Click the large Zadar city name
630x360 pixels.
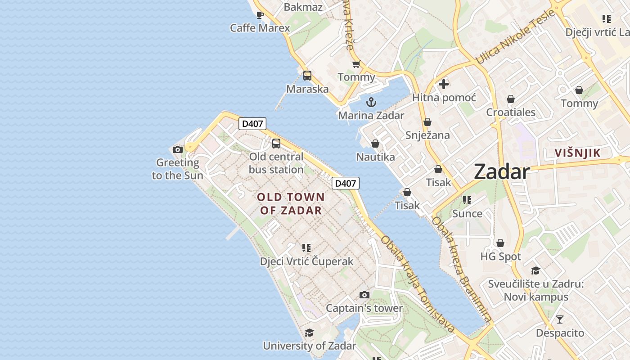click(x=502, y=172)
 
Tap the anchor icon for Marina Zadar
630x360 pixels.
click(x=371, y=102)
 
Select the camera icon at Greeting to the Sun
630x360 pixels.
click(x=178, y=149)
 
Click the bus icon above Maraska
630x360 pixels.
click(x=307, y=76)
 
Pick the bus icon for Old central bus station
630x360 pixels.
click(x=276, y=144)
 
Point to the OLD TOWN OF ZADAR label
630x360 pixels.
click(x=291, y=203)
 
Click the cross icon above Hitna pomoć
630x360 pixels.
click(x=444, y=84)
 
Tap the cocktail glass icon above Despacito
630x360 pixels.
click(x=559, y=319)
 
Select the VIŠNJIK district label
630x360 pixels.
click(x=577, y=153)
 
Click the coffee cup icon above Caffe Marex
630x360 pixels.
click(x=260, y=15)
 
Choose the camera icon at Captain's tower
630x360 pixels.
click(x=364, y=295)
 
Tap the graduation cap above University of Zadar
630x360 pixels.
click(x=309, y=333)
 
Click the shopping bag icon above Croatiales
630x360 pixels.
click(x=511, y=99)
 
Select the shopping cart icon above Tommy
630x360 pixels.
click(x=356, y=64)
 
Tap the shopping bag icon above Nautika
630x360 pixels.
click(x=375, y=144)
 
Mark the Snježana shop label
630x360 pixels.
click(x=427, y=135)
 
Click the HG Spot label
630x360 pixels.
click(x=500, y=256)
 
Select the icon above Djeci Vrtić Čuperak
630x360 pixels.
click(x=306, y=247)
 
